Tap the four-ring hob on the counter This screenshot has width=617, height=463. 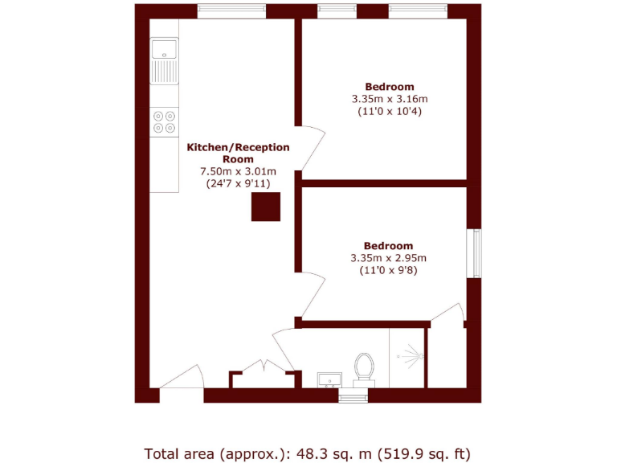[x=165, y=121]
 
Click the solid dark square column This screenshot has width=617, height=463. [x=266, y=207]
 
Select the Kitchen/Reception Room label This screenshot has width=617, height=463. [x=238, y=153]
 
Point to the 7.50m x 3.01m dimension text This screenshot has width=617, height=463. [x=238, y=171]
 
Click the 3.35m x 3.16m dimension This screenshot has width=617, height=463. [x=390, y=99]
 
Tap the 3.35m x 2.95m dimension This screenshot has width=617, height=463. [x=388, y=258]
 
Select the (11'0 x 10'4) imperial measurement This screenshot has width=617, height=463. [x=390, y=112]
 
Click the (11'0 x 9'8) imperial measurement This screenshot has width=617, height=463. [x=388, y=271]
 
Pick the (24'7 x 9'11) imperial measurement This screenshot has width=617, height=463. [x=238, y=183]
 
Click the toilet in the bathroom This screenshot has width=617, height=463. [x=364, y=369]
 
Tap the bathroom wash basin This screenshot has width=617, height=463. [x=329, y=379]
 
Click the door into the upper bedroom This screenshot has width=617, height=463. [x=312, y=149]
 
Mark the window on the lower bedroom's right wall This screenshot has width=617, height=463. [x=475, y=254]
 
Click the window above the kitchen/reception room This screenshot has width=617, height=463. [x=231, y=11]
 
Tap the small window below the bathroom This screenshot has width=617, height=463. [x=352, y=396]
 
